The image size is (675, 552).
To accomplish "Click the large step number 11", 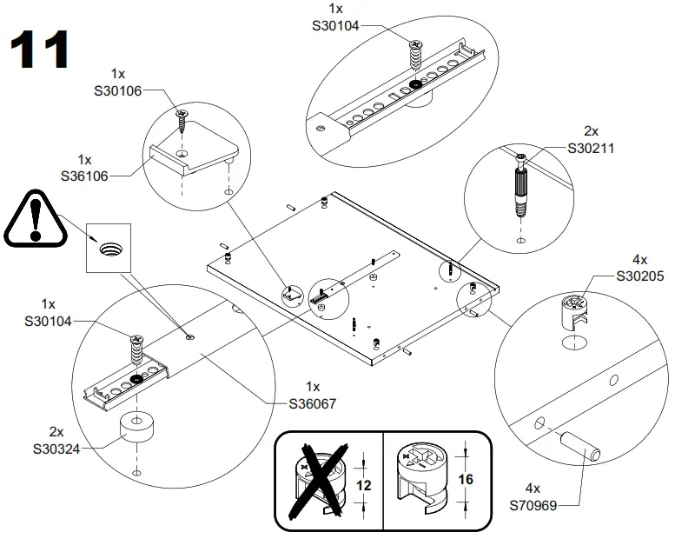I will [x=40, y=50].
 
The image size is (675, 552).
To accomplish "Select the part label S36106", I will [x=84, y=175].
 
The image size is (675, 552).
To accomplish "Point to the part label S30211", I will [x=591, y=148].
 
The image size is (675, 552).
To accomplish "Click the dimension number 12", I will [x=365, y=486].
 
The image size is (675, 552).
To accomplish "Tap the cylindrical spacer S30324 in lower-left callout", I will [x=136, y=426].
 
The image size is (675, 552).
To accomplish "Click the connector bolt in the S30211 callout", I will [x=520, y=189].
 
